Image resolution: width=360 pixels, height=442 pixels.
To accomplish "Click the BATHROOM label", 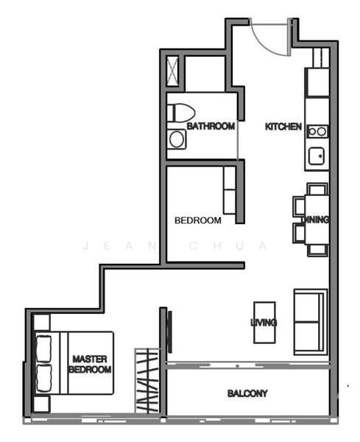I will click(x=211, y=127).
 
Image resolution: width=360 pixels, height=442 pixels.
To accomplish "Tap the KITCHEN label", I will click(x=283, y=127).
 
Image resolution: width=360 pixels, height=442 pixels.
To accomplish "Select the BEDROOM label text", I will click(x=197, y=220).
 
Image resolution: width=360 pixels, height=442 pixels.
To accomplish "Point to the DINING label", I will click(x=315, y=220).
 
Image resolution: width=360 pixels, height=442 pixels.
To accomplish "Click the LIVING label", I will click(x=263, y=323).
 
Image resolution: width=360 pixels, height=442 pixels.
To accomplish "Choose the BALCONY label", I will click(x=247, y=393).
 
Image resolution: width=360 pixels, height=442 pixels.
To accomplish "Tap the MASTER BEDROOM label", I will click(x=91, y=364).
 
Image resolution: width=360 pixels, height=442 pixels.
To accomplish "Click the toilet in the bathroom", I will click(x=180, y=113).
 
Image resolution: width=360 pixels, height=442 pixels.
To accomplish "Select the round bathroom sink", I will click(x=176, y=138).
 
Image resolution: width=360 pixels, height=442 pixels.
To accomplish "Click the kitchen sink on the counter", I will click(x=317, y=156).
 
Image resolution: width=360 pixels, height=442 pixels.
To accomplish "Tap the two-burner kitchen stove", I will click(x=317, y=131).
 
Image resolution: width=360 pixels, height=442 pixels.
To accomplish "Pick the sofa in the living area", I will click(x=310, y=323).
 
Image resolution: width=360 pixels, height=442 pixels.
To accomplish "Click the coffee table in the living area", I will click(x=264, y=322).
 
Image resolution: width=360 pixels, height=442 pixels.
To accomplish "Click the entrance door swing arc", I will click(x=268, y=37).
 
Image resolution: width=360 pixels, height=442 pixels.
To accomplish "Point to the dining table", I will click(x=317, y=219).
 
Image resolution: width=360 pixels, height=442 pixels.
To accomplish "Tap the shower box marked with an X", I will click(x=173, y=72).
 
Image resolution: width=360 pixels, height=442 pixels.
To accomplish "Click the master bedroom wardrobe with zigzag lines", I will click(x=147, y=381).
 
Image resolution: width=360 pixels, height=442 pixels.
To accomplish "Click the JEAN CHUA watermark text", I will click(x=176, y=246).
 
